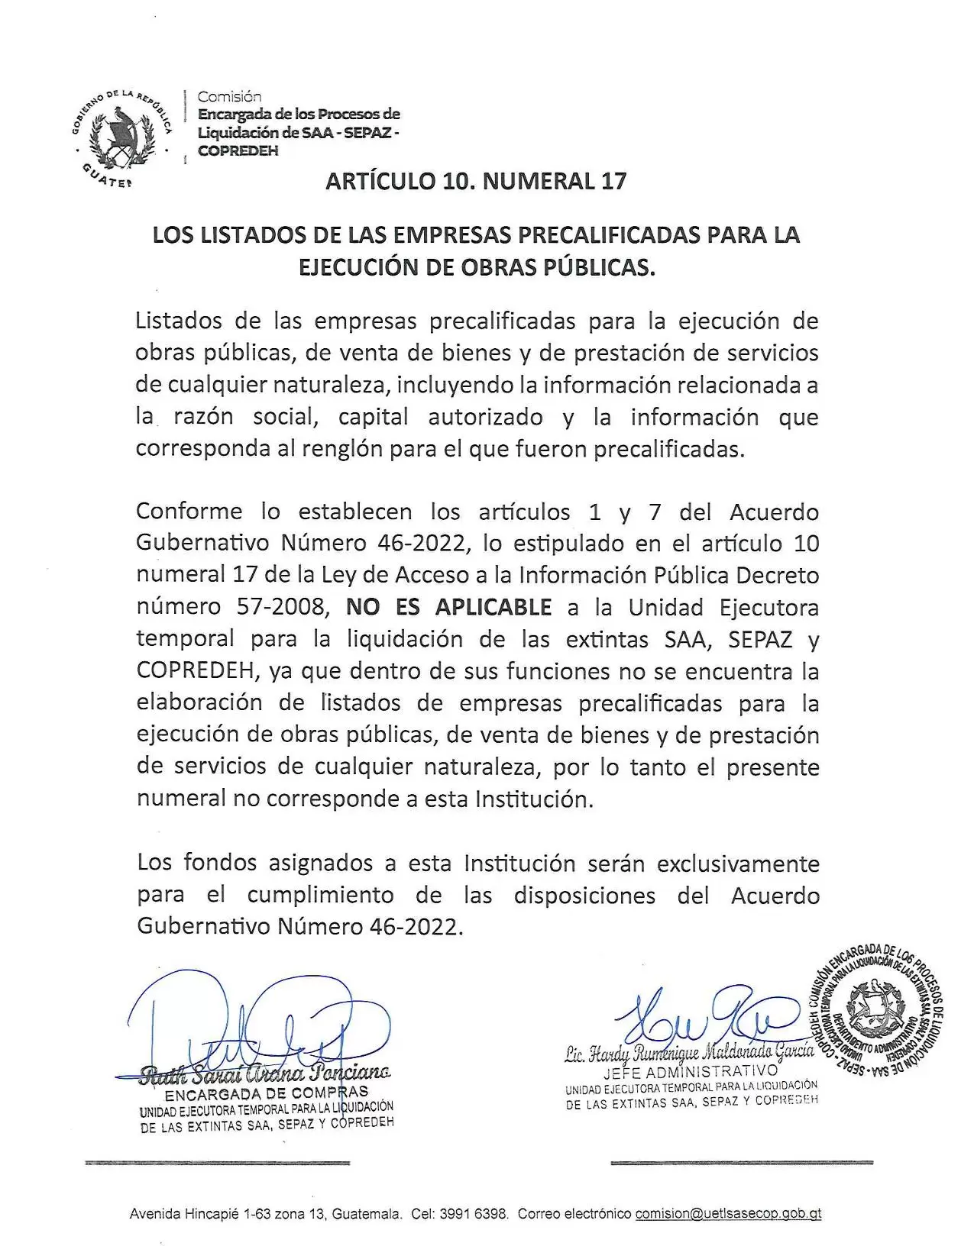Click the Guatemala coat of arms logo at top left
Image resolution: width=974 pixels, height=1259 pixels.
(x=123, y=134)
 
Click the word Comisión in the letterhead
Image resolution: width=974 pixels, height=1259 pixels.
(x=229, y=96)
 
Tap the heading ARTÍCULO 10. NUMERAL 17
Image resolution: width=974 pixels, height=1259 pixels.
(x=475, y=181)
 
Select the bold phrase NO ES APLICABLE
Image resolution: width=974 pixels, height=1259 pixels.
(x=448, y=607)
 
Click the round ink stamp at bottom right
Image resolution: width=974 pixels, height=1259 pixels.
(x=876, y=1012)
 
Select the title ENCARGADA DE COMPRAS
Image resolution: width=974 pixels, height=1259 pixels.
(x=267, y=1093)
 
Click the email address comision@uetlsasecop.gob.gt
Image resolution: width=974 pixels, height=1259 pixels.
(x=728, y=1213)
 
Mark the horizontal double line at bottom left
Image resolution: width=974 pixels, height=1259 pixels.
(x=218, y=1163)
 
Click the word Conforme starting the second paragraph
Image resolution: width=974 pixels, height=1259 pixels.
(x=189, y=511)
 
